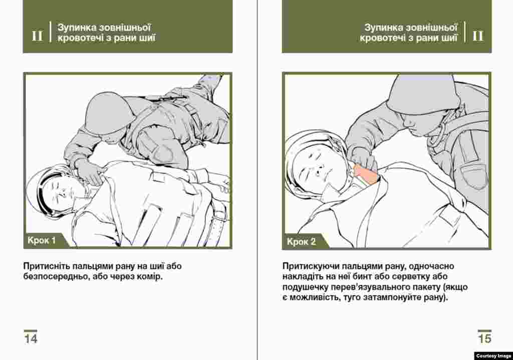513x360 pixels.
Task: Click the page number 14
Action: pyautogui.click(x=31, y=338)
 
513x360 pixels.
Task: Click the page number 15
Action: pyautogui.click(x=484, y=338)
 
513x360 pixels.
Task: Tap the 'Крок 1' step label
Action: pyautogui.click(x=42, y=241)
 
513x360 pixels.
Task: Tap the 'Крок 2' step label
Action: pyautogui.click(x=301, y=242)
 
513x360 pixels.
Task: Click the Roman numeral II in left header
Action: pyautogui.click(x=37, y=36)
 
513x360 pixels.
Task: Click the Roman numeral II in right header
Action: pyautogui.click(x=478, y=36)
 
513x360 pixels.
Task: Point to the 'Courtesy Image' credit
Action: pyautogui.click(x=493, y=356)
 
